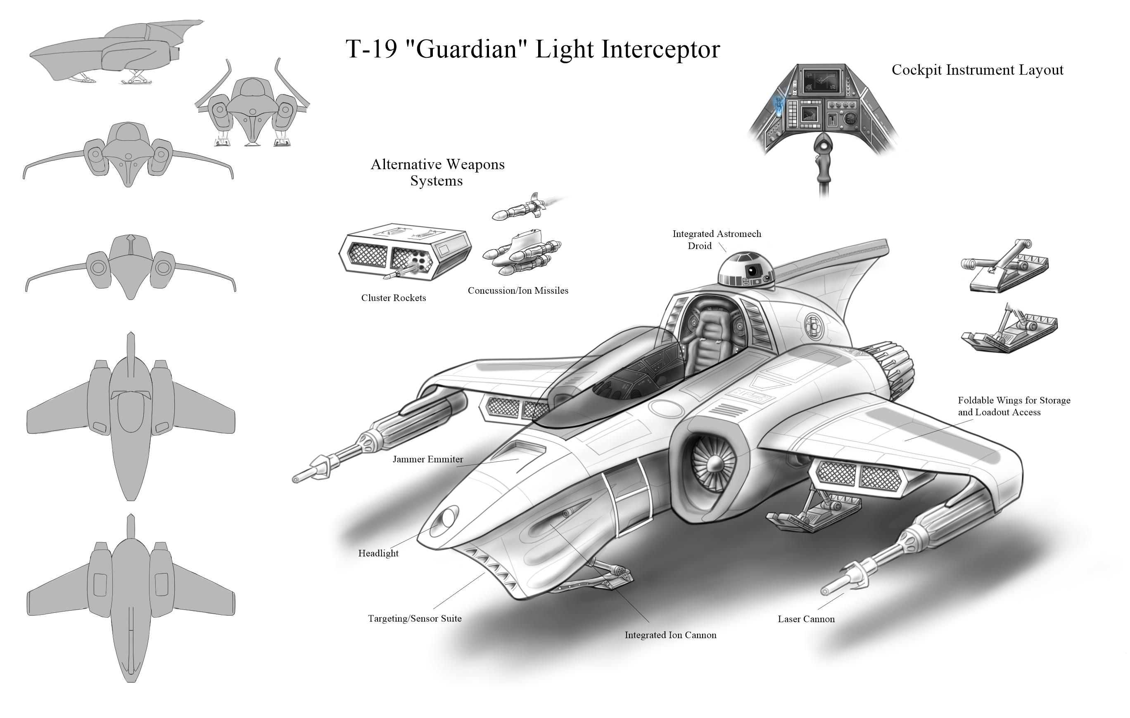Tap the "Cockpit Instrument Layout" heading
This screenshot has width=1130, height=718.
tap(977, 70)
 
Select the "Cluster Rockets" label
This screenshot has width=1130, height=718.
tap(393, 298)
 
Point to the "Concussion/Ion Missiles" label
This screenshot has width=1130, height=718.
tap(518, 291)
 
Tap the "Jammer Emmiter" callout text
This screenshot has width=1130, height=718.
tap(427, 459)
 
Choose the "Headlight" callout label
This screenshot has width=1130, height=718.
tap(378, 553)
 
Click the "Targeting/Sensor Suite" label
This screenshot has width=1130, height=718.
tap(414, 619)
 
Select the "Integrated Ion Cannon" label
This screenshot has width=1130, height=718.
tap(670, 635)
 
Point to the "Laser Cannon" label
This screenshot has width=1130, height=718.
tap(806, 619)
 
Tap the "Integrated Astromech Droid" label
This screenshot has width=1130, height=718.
tap(716, 240)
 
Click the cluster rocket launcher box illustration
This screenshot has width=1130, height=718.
tap(404, 252)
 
